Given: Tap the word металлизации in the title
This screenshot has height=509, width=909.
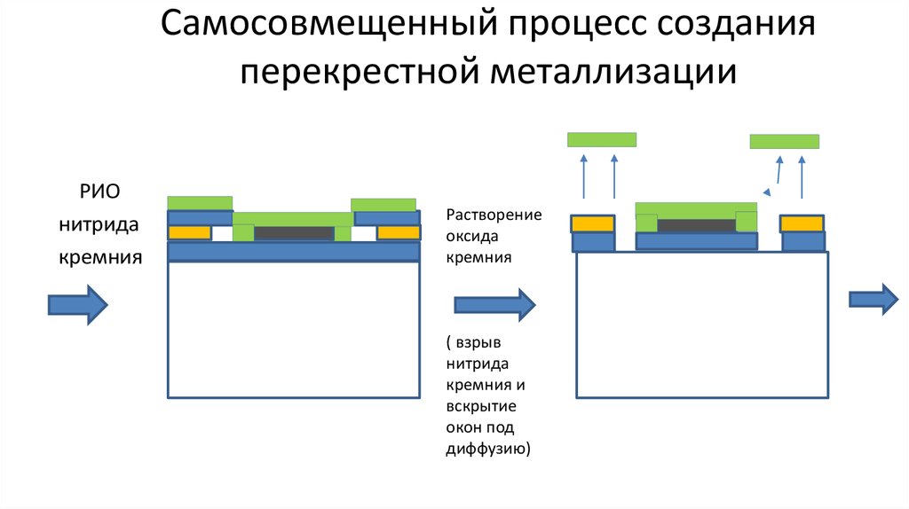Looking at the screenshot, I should [x=613, y=71].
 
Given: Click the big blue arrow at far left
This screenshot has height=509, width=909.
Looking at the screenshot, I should [x=77, y=305].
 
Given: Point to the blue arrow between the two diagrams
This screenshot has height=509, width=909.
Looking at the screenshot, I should [x=494, y=305].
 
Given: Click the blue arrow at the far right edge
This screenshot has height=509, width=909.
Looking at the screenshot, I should [x=874, y=298].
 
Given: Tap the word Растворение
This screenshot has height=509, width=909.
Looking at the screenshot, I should [x=494, y=215].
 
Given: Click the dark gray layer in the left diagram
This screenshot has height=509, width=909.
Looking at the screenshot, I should [x=293, y=233].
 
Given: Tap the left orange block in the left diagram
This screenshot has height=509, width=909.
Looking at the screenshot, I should [x=190, y=233].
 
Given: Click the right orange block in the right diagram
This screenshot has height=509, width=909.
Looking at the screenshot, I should [x=802, y=223].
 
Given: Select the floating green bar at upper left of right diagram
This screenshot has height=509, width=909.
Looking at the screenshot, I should [x=602, y=139].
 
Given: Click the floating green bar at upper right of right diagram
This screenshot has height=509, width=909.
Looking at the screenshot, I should [x=784, y=141].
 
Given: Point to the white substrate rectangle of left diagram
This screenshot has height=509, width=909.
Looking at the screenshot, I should [x=293, y=329].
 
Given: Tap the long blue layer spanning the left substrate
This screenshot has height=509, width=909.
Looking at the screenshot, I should [x=293, y=252].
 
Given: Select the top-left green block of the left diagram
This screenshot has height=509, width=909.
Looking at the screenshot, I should [x=200, y=202].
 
